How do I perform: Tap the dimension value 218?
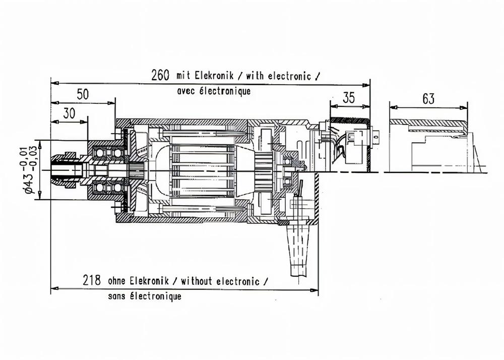pyautogui.click(x=92, y=280)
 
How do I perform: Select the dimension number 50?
pyautogui.click(x=83, y=94)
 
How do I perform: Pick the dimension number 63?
pyautogui.click(x=428, y=99)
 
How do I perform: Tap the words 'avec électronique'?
pyautogui.click(x=214, y=92)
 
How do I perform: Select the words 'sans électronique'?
pyautogui.click(x=145, y=296)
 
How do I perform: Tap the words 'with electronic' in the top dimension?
pyautogui.click(x=277, y=76)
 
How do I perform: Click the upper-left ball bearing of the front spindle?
pyautogui.click(x=100, y=152)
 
